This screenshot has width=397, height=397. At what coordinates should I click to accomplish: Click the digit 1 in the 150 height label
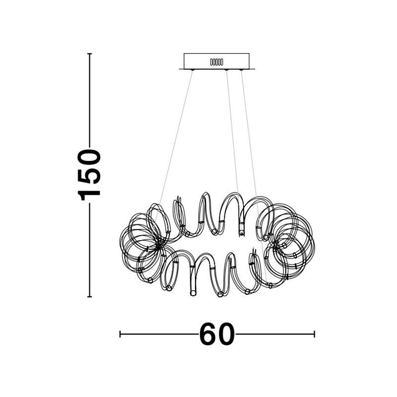[x=89, y=193]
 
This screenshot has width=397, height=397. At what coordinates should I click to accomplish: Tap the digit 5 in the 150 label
[x=89, y=175]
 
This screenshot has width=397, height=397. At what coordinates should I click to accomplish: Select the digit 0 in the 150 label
[x=89, y=157]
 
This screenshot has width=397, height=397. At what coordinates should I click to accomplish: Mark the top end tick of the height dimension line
[x=89, y=54]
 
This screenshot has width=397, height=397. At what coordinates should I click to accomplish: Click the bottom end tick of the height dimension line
[x=89, y=296]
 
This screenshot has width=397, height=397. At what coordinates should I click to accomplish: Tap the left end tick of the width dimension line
[x=120, y=334]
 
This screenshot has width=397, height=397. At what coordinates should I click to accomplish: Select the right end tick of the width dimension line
[x=314, y=334]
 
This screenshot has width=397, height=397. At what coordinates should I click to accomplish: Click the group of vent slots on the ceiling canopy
[x=217, y=62]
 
